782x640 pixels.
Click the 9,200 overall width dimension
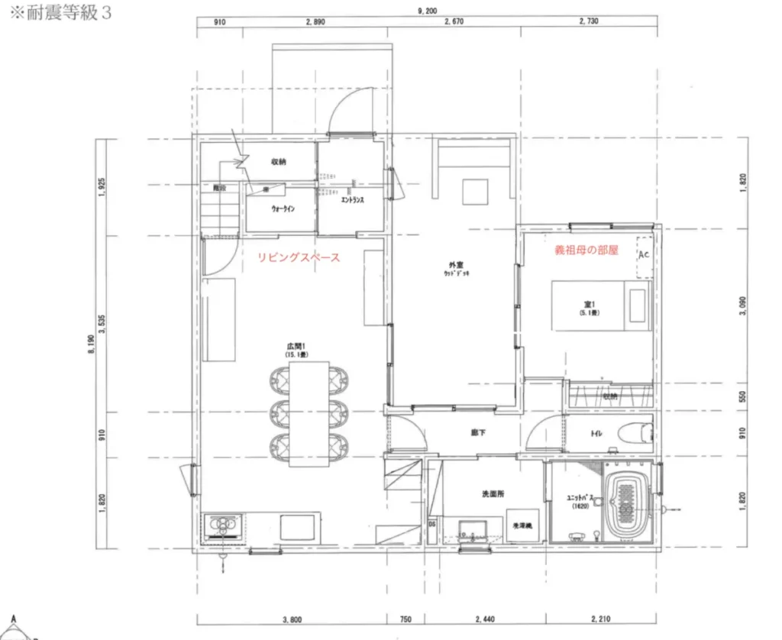click(427, 11)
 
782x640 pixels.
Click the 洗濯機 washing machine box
click(523, 526)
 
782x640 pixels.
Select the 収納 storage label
click(278, 162)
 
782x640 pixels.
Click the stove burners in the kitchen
click(223, 526)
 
